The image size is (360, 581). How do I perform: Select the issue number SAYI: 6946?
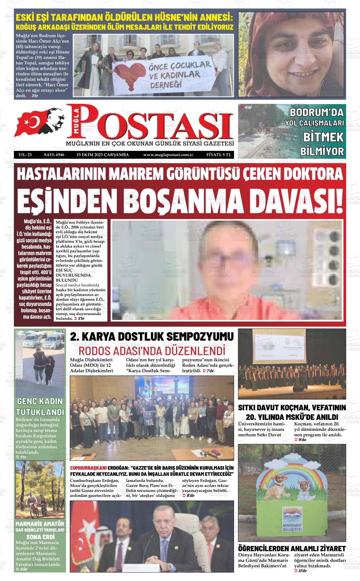54,155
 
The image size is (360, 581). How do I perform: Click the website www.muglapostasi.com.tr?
168,155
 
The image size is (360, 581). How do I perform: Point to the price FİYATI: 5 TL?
219,155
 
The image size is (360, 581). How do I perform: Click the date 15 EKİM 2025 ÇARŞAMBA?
103,155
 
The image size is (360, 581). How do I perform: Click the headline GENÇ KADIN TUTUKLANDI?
40,407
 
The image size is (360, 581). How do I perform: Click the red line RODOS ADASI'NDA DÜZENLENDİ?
152,351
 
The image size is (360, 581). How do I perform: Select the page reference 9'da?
302,439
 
